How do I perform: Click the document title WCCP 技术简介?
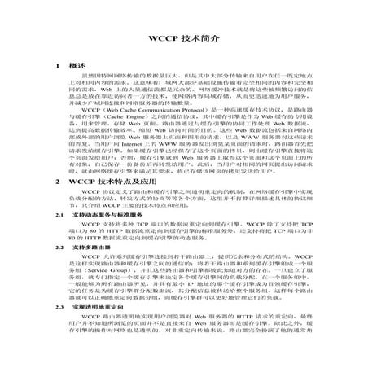pos(183,41)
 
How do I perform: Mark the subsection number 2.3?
pos(56,331)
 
